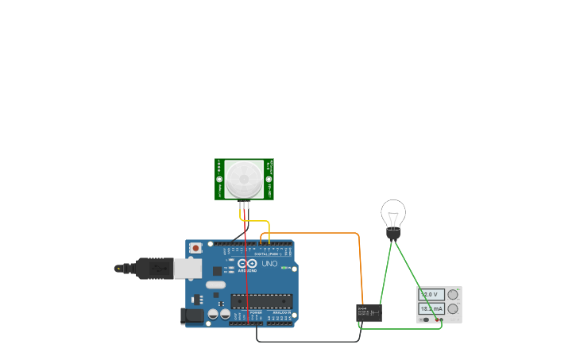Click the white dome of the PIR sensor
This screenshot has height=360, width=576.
[243, 179]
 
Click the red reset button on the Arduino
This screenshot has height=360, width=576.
[195, 248]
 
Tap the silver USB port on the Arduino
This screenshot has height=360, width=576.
[187, 269]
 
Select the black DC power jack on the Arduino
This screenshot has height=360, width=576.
[191, 315]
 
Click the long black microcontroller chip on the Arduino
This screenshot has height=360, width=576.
[261, 300]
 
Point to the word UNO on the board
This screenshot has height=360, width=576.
[270, 263]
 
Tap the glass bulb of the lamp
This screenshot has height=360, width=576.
[393, 213]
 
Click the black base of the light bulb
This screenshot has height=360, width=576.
[393, 234]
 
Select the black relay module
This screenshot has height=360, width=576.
[369, 312]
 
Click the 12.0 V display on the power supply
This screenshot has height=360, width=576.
[431, 295]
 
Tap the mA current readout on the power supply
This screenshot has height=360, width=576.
[431, 308]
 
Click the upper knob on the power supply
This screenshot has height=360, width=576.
[453, 295]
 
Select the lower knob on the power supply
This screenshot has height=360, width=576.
[453, 308]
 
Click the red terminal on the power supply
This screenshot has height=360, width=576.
[441, 319]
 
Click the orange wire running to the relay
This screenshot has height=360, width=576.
[318, 233]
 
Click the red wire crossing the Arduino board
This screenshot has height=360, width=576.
[246, 278]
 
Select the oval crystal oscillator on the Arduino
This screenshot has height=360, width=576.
[215, 285]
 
